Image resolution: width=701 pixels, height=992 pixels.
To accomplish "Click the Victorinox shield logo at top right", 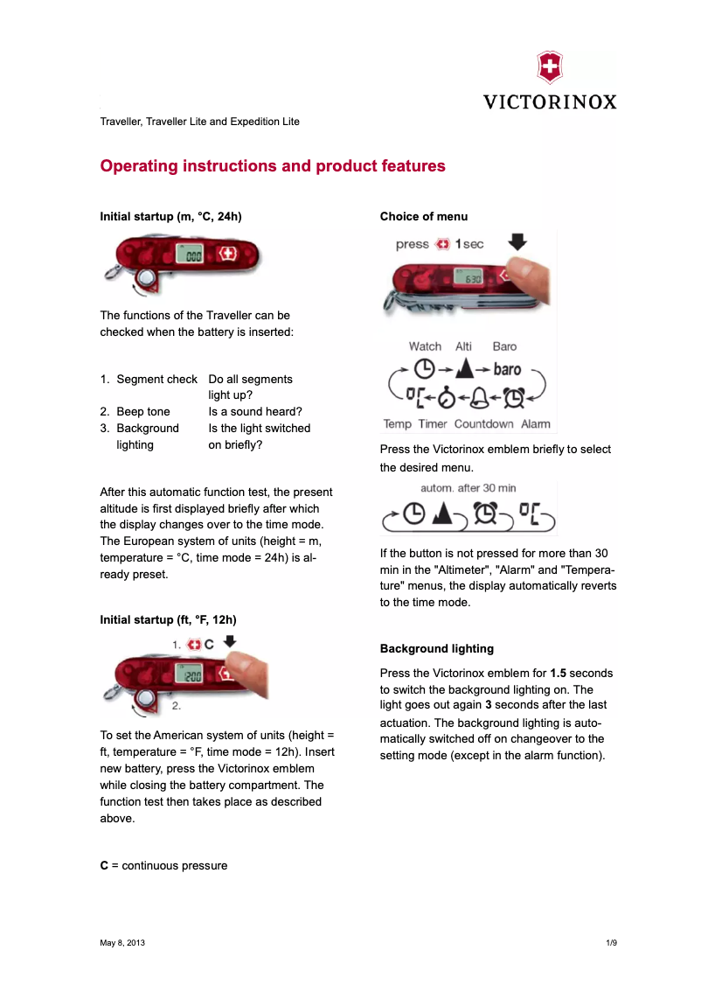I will [x=549, y=67].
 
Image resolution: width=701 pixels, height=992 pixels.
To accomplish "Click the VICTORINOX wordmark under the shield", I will [x=550, y=101].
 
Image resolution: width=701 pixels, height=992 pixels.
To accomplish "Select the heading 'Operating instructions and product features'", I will [x=273, y=166].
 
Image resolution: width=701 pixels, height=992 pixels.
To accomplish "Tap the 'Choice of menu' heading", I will [x=423, y=216].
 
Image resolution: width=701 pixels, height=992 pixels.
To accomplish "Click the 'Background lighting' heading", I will [x=436, y=648].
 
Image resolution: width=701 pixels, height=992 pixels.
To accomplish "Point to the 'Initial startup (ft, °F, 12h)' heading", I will [x=168, y=619].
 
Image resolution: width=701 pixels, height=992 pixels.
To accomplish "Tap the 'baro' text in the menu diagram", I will [x=507, y=369].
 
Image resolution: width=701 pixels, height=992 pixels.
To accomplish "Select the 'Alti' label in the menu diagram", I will [x=463, y=346].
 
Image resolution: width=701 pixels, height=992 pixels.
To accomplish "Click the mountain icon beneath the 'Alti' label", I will [x=464, y=369].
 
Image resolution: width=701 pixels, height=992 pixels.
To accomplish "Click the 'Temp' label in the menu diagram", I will [x=397, y=424].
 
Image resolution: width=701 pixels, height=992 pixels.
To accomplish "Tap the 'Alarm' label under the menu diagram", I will [x=536, y=424].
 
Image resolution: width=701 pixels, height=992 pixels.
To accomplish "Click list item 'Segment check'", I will [x=156, y=379].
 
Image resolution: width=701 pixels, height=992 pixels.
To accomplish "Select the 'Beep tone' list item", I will [x=143, y=411].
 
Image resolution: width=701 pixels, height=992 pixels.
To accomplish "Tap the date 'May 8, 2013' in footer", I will [x=122, y=943].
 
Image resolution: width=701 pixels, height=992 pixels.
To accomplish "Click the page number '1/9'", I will [x=611, y=943].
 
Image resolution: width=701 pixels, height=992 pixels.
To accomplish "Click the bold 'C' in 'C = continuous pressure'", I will [x=104, y=865].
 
